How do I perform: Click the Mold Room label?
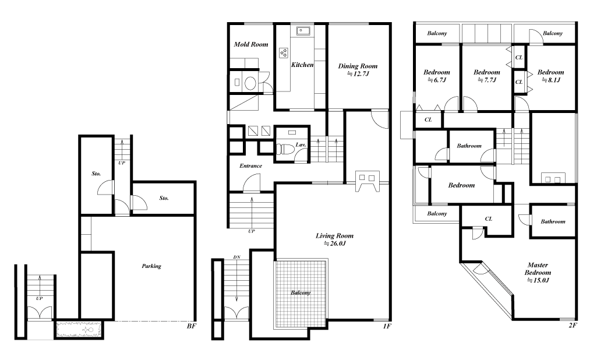[251, 44]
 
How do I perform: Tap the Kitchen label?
[302, 65]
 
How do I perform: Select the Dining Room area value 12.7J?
[358, 74]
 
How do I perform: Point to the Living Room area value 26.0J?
[335, 243]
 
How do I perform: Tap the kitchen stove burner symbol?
[284, 52]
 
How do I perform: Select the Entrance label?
[250, 165]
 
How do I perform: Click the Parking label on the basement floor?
[151, 266]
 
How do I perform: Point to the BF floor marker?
[192, 326]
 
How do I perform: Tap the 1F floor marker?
[387, 326]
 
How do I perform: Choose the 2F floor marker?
[573, 325]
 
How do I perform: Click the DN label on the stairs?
[237, 257]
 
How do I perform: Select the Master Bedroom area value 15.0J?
[538, 280]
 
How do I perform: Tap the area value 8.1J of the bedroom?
[551, 80]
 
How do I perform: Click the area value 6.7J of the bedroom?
[437, 80]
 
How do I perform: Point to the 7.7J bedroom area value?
[487, 80]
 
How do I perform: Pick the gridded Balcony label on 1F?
[301, 292]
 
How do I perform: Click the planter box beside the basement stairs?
[79, 330]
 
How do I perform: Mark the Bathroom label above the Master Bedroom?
[553, 221]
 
